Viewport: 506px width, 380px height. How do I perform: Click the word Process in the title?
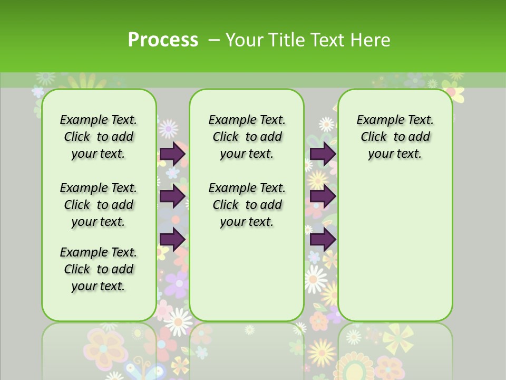click(x=163, y=40)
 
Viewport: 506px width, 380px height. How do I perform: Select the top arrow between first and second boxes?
click(x=172, y=154)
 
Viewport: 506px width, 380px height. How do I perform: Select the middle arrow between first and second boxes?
click(x=172, y=196)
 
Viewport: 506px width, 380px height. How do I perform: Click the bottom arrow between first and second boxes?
click(x=172, y=239)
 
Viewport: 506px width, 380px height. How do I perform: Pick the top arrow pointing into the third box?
click(x=323, y=154)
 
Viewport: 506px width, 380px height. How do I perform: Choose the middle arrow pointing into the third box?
click(x=323, y=196)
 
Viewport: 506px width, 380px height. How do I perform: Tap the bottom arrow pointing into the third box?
click(x=323, y=239)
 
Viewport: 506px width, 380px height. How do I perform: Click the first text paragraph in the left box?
click(x=99, y=137)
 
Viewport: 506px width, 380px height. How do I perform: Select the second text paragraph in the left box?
click(x=99, y=205)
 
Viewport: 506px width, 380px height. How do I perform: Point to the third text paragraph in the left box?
click(x=99, y=269)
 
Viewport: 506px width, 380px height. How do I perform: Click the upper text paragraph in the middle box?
click(x=247, y=137)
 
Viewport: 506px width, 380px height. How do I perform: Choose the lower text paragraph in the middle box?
click(x=247, y=205)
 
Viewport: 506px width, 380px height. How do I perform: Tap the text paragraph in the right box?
click(x=395, y=137)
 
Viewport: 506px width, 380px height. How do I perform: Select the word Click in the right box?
click(x=374, y=137)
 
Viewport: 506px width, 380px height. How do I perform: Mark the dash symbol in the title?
click(x=214, y=40)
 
